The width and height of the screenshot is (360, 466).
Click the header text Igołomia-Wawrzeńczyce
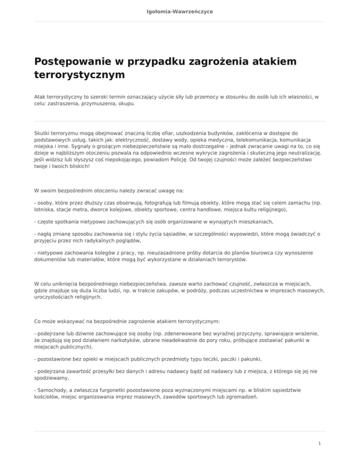(x=180, y=10)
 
